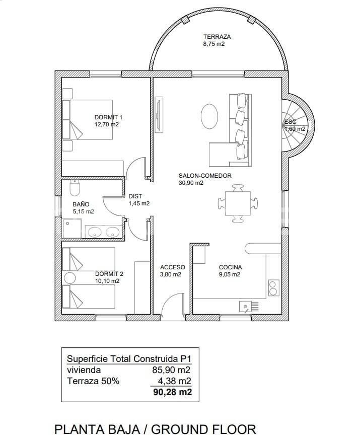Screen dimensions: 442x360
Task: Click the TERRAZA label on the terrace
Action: click(x=217, y=37)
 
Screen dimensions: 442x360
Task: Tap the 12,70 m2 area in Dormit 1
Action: click(x=107, y=124)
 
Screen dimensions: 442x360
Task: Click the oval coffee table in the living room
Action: click(x=209, y=116)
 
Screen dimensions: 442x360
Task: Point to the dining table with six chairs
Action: click(x=238, y=203)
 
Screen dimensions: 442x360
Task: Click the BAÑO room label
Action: click(x=81, y=204)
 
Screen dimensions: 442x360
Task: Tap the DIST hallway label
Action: click(x=135, y=196)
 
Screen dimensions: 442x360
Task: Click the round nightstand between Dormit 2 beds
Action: click(x=69, y=278)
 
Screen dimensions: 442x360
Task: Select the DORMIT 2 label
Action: click(x=109, y=274)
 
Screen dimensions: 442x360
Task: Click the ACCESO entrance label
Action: click(x=172, y=267)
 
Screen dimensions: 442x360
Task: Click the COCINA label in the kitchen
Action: click(x=230, y=267)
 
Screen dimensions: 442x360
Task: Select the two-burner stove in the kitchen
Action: click(x=273, y=287)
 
